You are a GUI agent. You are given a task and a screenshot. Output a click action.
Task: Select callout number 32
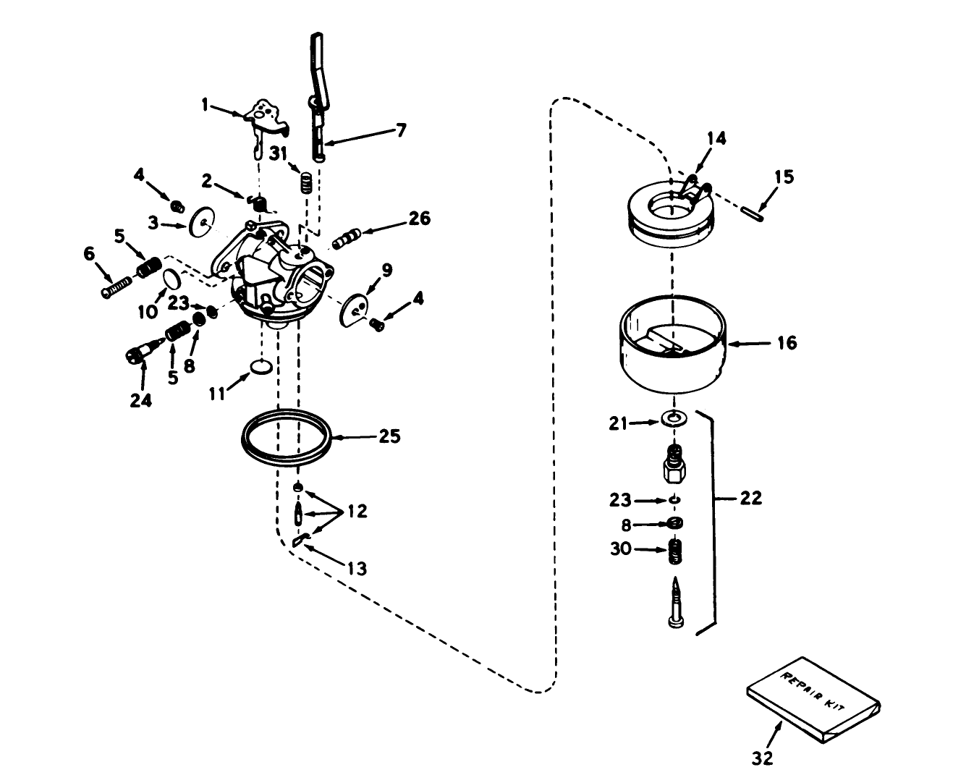pyautogui.click(x=763, y=758)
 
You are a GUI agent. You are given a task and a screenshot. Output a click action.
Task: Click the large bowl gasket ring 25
pyautogui.click(x=286, y=439)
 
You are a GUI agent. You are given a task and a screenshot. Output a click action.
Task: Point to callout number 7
pyautogui.click(x=399, y=130)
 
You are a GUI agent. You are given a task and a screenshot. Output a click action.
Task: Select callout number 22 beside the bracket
pyautogui.click(x=750, y=499)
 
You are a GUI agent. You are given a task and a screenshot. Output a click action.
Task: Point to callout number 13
pyautogui.click(x=355, y=568)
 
